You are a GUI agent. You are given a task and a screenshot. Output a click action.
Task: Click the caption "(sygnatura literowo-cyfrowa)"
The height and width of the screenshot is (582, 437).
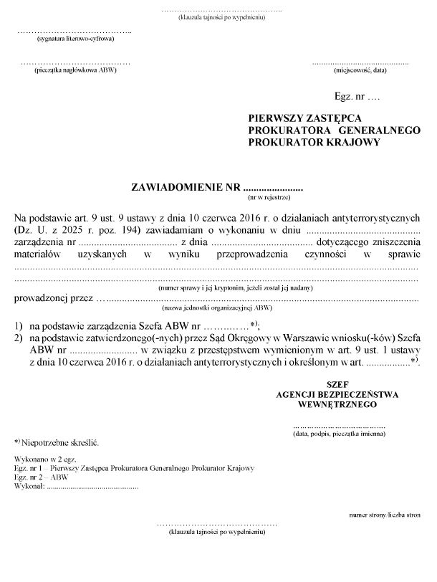tap(75, 39)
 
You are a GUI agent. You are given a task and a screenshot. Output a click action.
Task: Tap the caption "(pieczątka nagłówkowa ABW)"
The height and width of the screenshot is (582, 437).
tap(75, 70)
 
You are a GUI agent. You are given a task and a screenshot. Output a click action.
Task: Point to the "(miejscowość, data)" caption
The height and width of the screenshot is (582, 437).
tap(360, 70)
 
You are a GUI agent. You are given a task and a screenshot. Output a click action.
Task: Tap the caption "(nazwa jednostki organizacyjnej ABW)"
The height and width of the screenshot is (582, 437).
tap(216, 307)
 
